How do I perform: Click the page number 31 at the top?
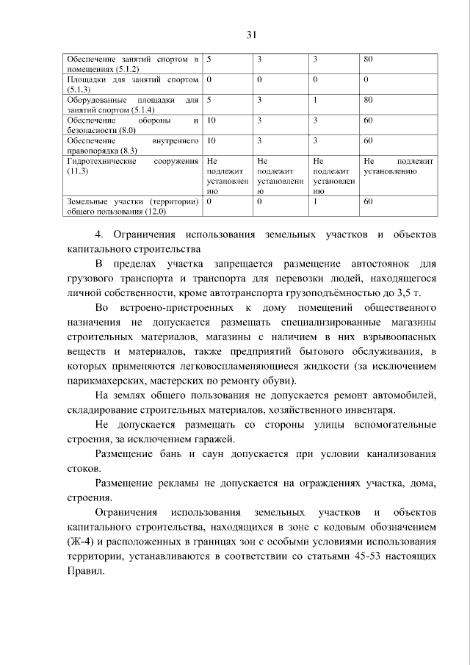pyautogui.click(x=250, y=34)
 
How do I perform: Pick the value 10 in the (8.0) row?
pyautogui.click(x=211, y=119)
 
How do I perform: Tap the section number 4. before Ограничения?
pyautogui.click(x=100, y=234)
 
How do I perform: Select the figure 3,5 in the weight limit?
pyautogui.click(x=414, y=292)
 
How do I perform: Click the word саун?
pyautogui.click(x=206, y=453)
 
